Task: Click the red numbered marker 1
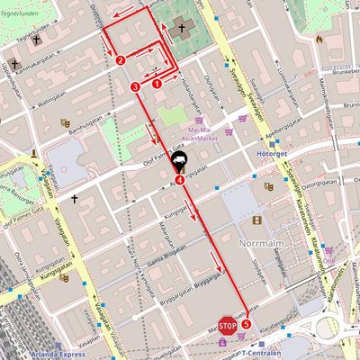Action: [157, 83]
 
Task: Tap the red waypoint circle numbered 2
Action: [121, 60]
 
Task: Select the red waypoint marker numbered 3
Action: [135, 86]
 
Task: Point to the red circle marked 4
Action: [181, 179]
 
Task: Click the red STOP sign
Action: [227, 324]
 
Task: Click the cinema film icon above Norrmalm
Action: [258, 220]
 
